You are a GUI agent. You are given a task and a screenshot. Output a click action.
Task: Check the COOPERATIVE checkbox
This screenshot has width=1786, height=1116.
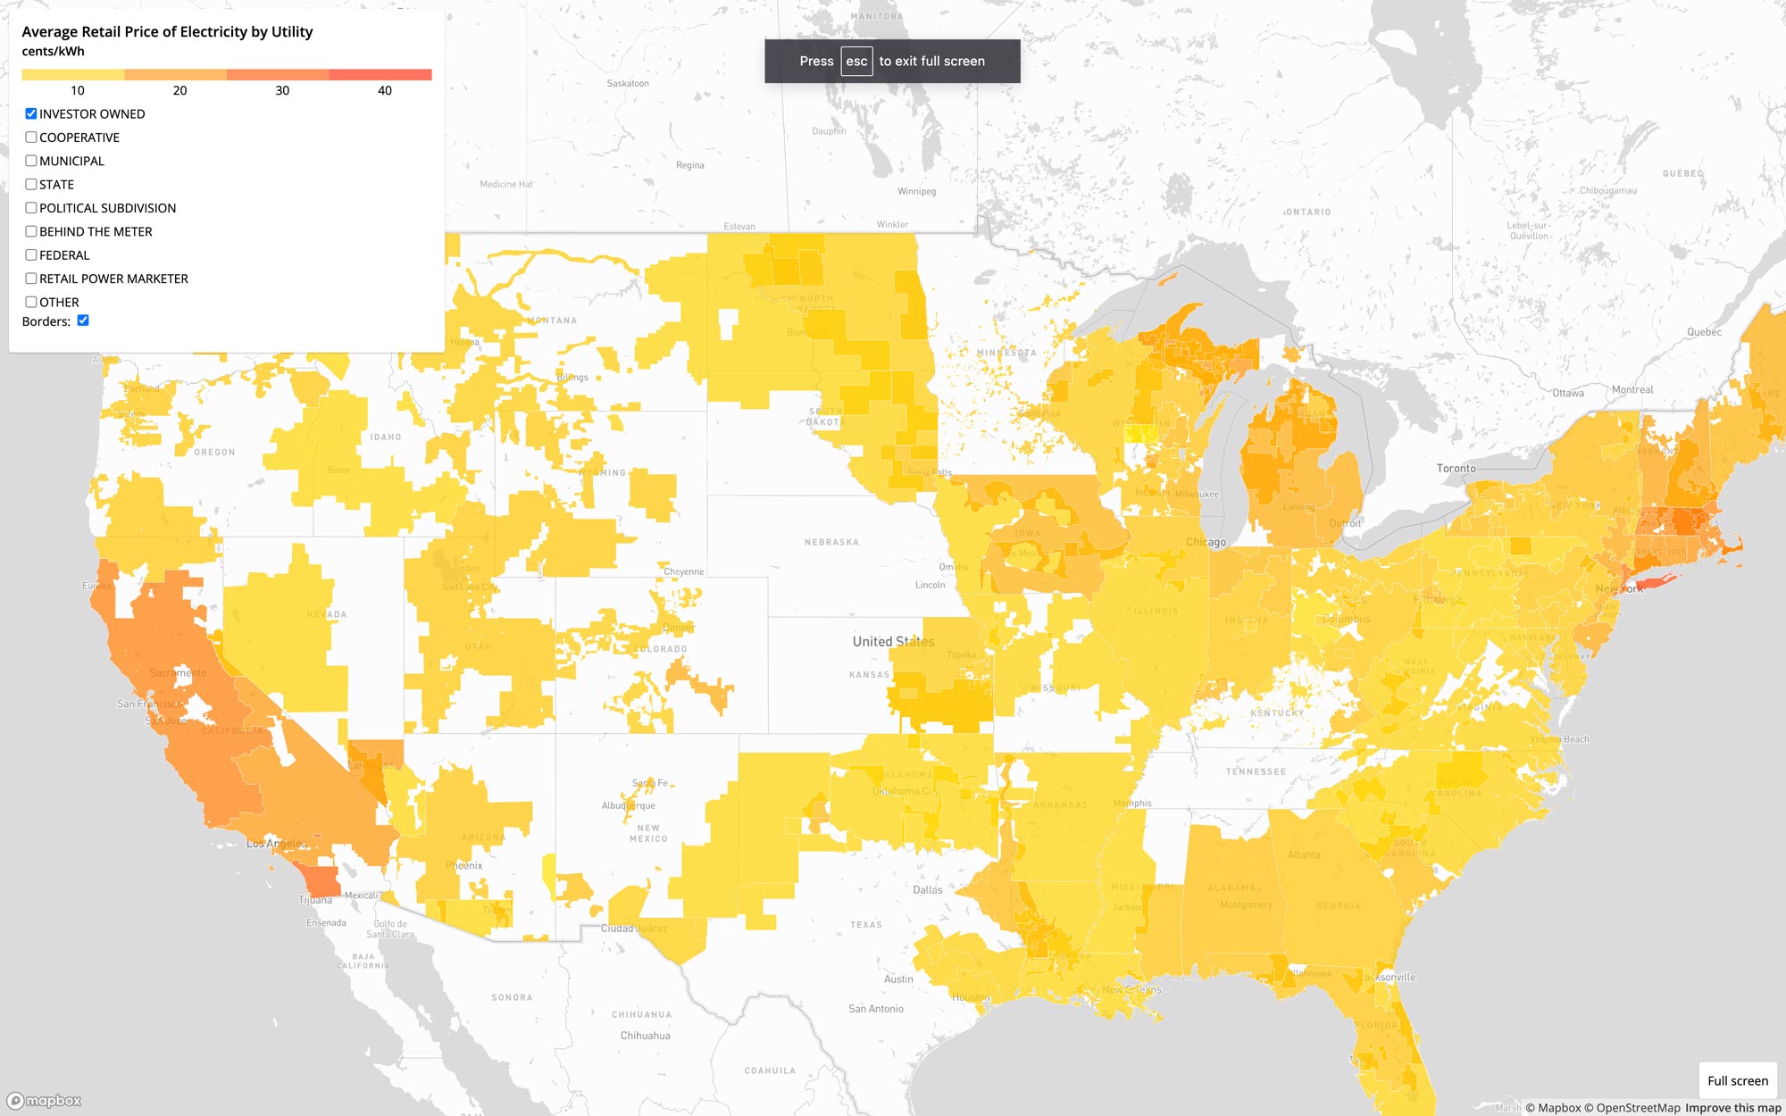(31, 137)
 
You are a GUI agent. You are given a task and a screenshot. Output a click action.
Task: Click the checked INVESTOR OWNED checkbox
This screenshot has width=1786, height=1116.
(31, 113)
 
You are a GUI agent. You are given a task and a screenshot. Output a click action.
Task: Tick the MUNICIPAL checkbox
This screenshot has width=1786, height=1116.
(31, 161)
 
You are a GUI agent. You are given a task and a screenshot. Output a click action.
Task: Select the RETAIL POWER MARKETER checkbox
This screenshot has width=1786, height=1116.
(31, 279)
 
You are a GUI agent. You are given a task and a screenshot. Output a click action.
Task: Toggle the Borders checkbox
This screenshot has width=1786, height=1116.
(83, 321)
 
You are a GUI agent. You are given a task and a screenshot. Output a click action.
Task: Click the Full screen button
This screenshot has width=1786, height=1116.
(1737, 1080)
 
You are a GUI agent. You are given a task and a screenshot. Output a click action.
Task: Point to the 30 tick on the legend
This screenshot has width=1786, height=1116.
(282, 90)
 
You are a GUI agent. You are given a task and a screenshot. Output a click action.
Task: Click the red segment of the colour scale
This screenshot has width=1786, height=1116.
(380, 75)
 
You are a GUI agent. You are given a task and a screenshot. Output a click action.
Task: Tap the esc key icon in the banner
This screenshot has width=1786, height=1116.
(855, 62)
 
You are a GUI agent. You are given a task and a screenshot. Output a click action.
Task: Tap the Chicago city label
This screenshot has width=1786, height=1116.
(1206, 542)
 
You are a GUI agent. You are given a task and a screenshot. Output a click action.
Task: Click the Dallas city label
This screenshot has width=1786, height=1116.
(927, 889)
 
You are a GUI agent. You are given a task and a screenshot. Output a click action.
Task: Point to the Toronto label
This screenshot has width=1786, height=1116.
(1456, 468)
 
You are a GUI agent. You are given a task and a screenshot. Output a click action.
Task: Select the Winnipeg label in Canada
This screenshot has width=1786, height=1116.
(916, 191)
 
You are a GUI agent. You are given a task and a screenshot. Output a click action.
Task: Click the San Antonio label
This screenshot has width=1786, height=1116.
(875, 1009)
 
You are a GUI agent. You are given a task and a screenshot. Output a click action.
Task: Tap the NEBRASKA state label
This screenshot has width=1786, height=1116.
(831, 542)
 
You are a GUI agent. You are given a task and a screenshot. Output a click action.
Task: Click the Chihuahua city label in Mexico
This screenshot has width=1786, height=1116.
(645, 1036)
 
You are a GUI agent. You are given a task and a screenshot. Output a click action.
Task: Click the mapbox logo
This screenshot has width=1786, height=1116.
(45, 1101)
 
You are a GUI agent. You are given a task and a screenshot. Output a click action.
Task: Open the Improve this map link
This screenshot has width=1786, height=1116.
(1732, 1108)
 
